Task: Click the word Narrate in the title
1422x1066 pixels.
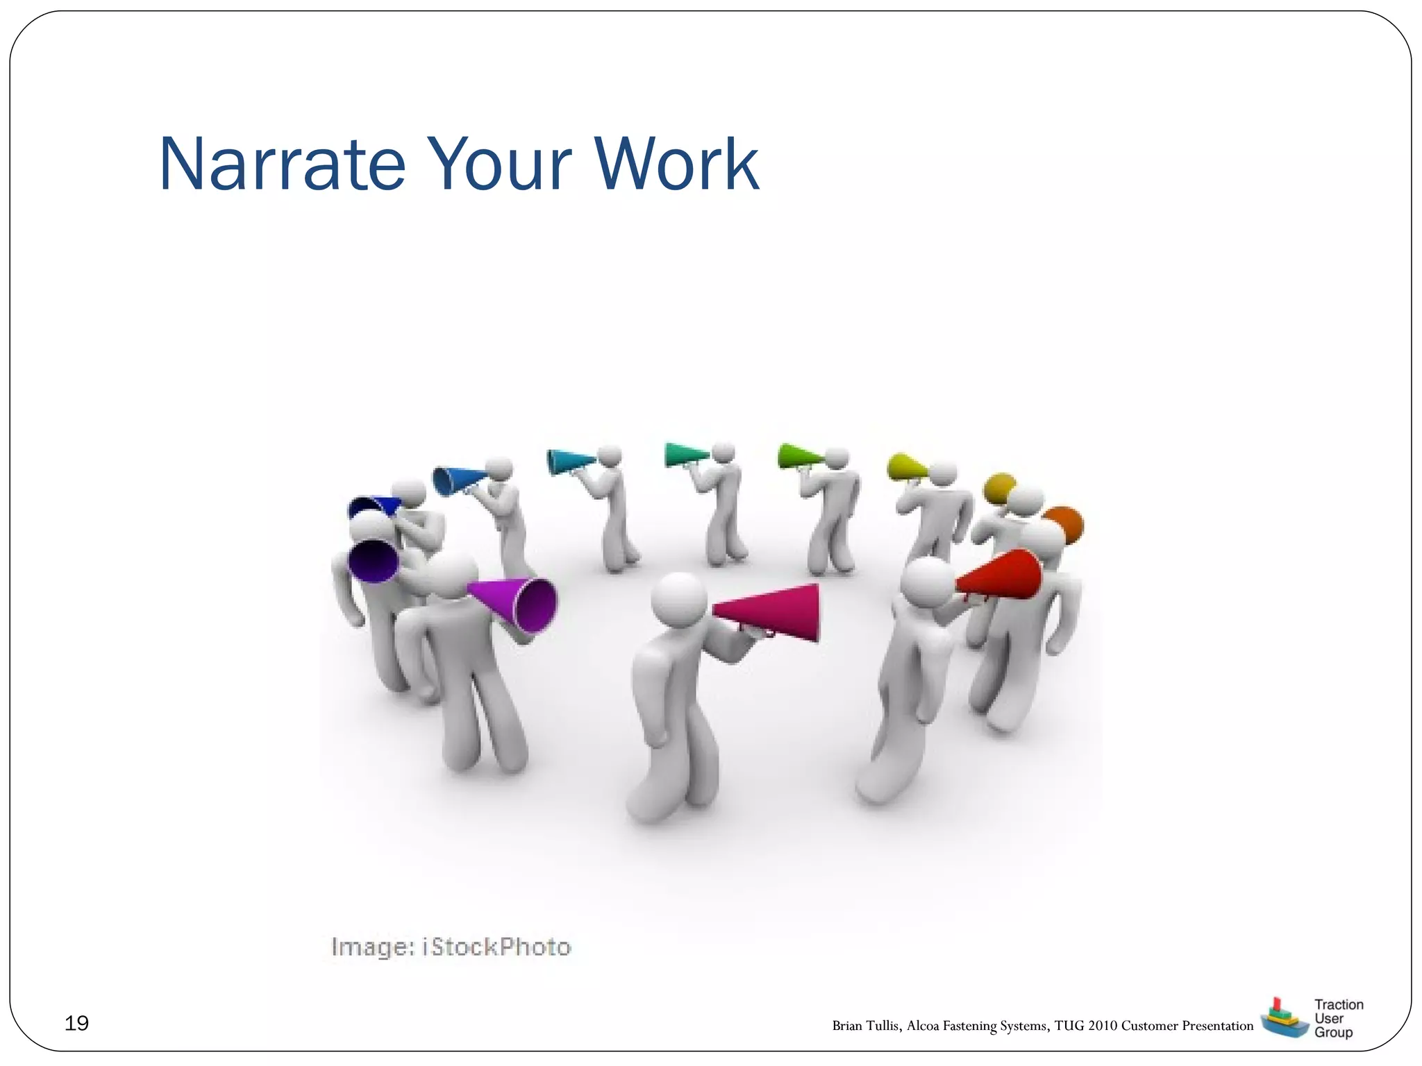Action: point(282,164)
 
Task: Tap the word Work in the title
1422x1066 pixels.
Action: point(676,164)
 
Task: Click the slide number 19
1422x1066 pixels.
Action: point(76,1023)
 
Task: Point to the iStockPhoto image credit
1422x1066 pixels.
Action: point(451,947)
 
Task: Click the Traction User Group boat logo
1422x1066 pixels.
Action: point(1283,1018)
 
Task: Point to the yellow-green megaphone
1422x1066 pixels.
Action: point(905,466)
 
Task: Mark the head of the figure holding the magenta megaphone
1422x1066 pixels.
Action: point(679,598)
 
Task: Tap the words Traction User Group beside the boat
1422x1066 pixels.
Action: point(1338,1018)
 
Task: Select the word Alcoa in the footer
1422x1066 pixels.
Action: point(923,1026)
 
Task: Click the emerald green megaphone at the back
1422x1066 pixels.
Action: point(684,455)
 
